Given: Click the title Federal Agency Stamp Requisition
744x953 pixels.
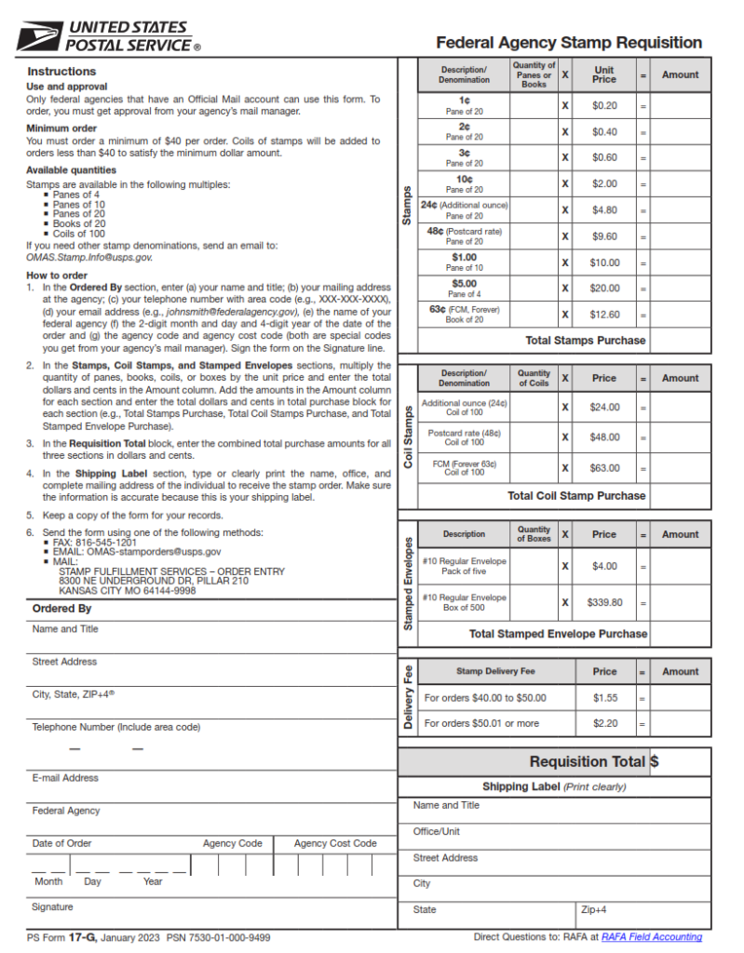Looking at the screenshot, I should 569,43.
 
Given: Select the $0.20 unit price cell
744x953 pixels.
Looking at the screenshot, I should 604,106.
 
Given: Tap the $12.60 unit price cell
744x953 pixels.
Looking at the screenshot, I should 604,315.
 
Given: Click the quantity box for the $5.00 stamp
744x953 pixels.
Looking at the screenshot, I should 534,289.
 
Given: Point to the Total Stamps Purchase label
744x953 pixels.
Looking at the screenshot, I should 585,341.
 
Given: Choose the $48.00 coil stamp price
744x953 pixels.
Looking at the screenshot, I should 604,436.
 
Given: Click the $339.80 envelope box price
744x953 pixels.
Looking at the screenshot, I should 604,602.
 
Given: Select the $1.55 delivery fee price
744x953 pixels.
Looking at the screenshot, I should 604,697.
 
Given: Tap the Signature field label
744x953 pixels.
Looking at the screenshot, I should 52,906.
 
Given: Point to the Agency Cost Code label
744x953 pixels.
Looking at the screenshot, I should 335,843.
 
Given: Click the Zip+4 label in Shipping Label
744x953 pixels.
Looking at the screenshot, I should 593,909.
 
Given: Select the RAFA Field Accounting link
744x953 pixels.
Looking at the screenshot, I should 651,937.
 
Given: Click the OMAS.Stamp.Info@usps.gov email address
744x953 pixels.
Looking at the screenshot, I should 88,257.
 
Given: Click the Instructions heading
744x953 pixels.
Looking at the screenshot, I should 61,72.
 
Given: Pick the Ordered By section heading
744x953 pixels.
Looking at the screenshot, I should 61,609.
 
